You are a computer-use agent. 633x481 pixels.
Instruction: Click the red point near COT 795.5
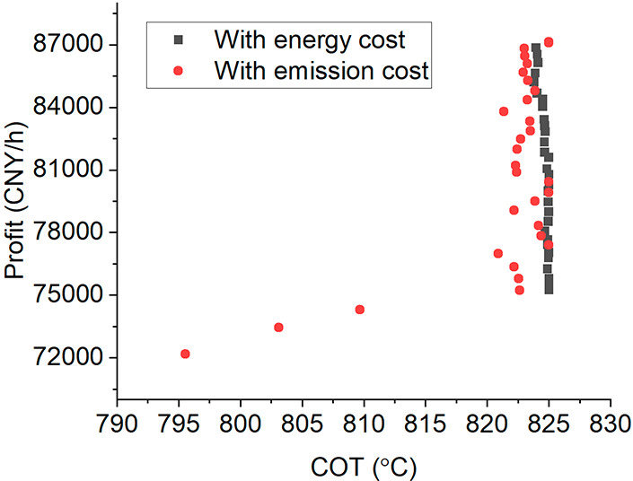coord(185,354)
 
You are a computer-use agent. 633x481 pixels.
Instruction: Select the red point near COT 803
coord(278,328)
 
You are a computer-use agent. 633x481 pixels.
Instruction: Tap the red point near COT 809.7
coord(360,310)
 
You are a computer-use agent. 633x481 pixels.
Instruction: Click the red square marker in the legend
coord(178,69)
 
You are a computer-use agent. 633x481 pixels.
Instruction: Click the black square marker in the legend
coord(178,40)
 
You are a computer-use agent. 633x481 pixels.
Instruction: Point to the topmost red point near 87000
coord(549,42)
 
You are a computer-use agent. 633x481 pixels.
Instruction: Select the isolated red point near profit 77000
coord(498,253)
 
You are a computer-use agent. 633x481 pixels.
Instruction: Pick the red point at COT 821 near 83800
coord(504,111)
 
